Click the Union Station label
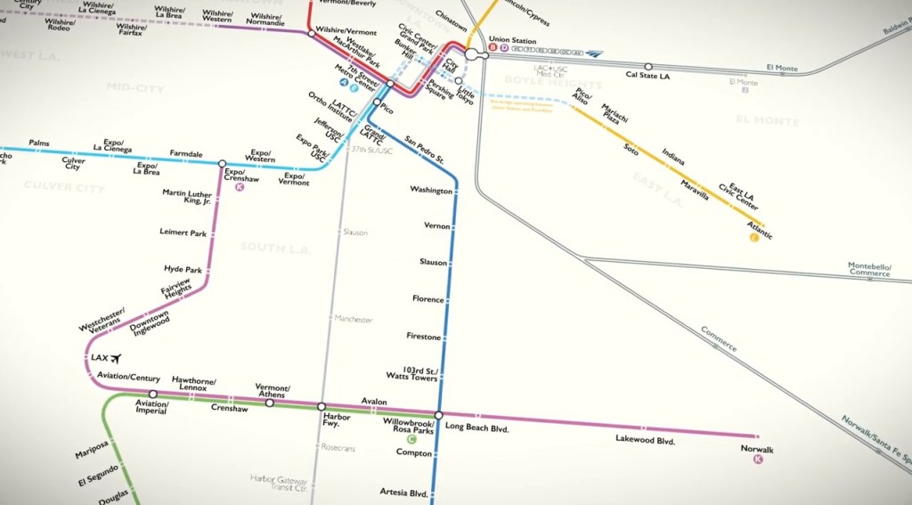coord(512,41)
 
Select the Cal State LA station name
coord(648,76)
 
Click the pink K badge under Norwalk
coord(758,460)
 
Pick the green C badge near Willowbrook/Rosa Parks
coord(411,439)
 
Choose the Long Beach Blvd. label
coord(476,428)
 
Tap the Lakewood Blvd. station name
coord(646,440)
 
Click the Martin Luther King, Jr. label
coord(186,197)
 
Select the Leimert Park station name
coord(183,233)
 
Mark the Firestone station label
coord(423,337)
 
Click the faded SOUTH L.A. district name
coord(275,248)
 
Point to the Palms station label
coord(39,143)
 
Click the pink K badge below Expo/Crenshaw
coord(239,187)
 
